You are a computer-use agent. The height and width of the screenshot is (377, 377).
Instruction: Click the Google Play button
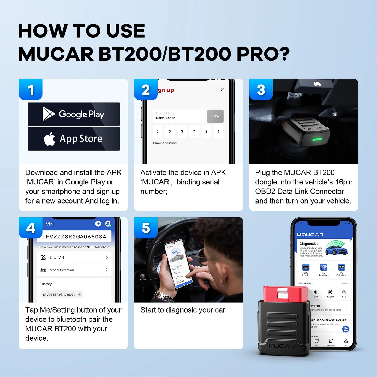(x=74, y=114)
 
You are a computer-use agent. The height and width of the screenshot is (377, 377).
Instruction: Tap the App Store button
(x=74, y=139)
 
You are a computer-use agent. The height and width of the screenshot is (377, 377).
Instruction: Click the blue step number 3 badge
(x=261, y=89)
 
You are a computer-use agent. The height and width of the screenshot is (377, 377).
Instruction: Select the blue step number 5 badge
(x=146, y=228)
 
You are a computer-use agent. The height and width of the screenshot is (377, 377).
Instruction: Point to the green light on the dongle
(x=317, y=139)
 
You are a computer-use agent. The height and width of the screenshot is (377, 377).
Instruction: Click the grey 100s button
(x=215, y=116)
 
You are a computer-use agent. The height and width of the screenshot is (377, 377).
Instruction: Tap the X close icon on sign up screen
(x=222, y=90)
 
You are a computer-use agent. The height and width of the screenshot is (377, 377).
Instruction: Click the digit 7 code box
(x=194, y=131)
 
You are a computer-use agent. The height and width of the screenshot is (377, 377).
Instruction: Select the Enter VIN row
(x=74, y=258)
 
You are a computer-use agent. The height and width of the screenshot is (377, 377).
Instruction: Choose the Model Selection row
(x=74, y=270)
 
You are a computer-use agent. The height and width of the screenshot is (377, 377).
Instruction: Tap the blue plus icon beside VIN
(x=98, y=224)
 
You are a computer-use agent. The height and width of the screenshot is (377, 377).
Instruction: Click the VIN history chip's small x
(x=80, y=295)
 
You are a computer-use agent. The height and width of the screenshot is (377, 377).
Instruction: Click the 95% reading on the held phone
(x=176, y=252)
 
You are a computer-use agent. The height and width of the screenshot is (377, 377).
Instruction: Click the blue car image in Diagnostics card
(x=336, y=249)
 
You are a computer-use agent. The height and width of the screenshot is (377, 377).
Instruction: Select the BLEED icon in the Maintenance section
(x=330, y=292)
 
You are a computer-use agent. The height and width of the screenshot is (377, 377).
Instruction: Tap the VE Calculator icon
(x=341, y=267)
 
